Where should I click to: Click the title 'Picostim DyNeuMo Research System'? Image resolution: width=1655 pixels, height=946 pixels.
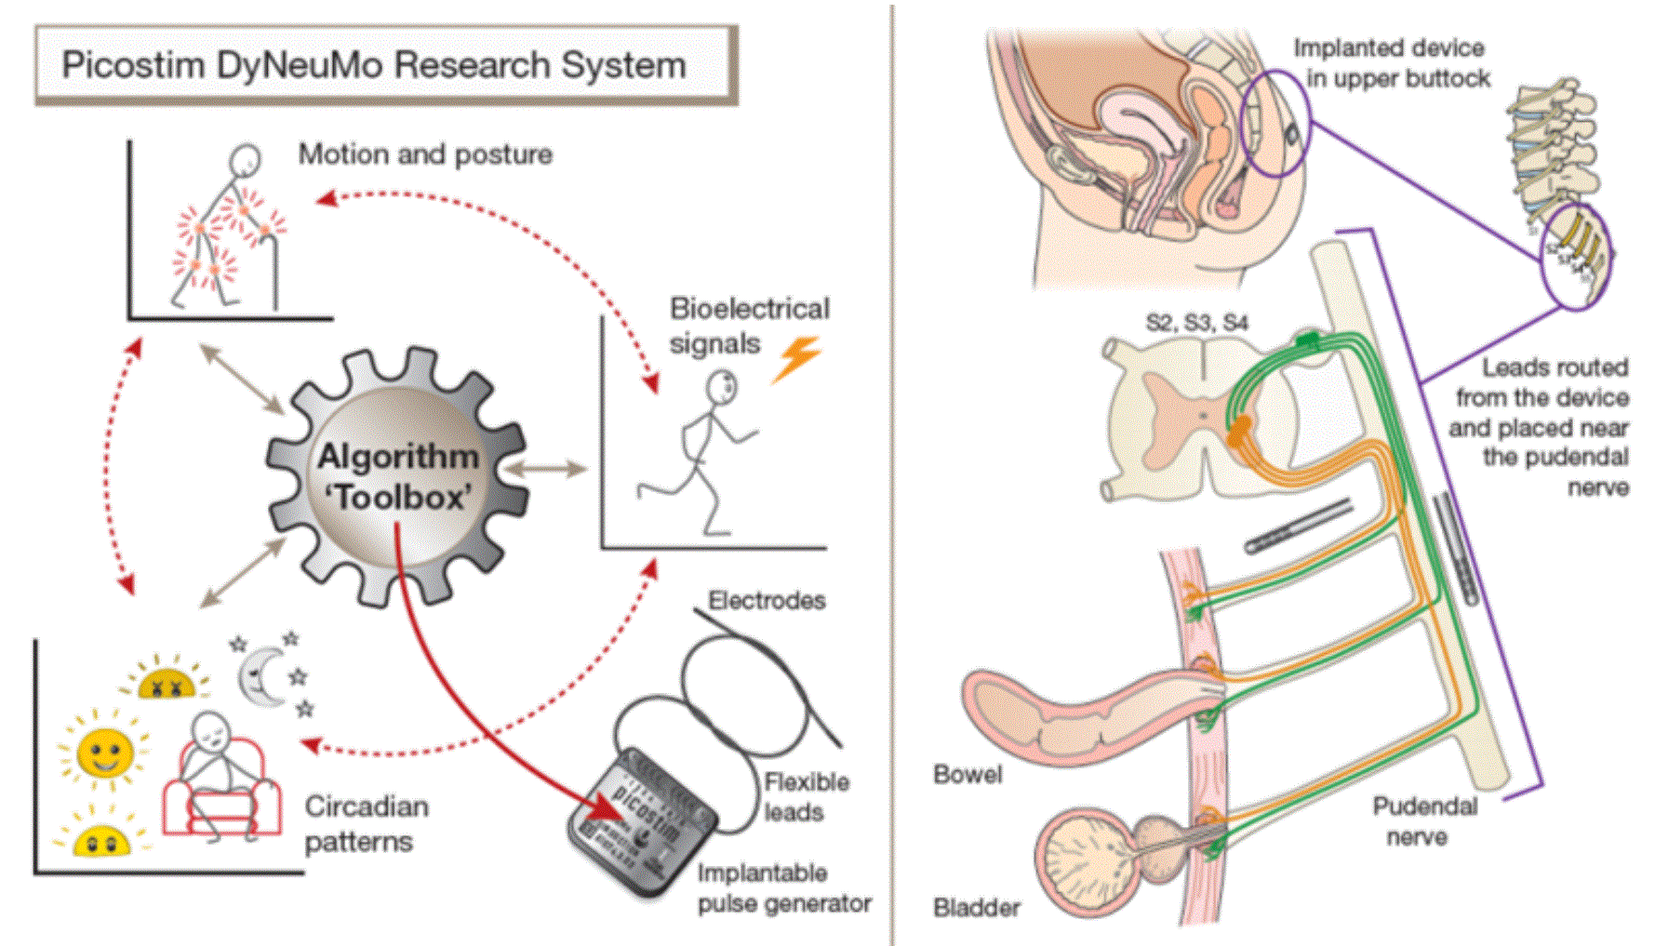(374, 65)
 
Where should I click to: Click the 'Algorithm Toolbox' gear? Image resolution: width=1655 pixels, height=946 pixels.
(398, 477)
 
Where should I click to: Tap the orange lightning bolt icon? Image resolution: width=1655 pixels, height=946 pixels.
(796, 358)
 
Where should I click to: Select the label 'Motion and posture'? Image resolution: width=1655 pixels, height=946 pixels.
(425, 153)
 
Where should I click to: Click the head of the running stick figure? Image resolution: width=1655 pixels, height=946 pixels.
(722, 386)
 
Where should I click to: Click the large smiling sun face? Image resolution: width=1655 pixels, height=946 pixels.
(103, 752)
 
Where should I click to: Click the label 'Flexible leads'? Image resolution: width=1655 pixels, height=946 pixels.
(805, 796)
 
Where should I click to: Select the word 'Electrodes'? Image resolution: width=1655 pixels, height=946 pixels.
(767, 601)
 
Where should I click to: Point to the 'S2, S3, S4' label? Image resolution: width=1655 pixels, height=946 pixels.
(1196, 323)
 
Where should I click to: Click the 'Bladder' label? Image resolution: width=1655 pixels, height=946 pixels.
(976, 907)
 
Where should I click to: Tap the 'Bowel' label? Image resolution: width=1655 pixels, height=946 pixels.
(968, 774)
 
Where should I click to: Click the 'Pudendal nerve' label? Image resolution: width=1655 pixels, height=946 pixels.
(1423, 820)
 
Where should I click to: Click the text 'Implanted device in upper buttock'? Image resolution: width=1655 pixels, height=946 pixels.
(1392, 62)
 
